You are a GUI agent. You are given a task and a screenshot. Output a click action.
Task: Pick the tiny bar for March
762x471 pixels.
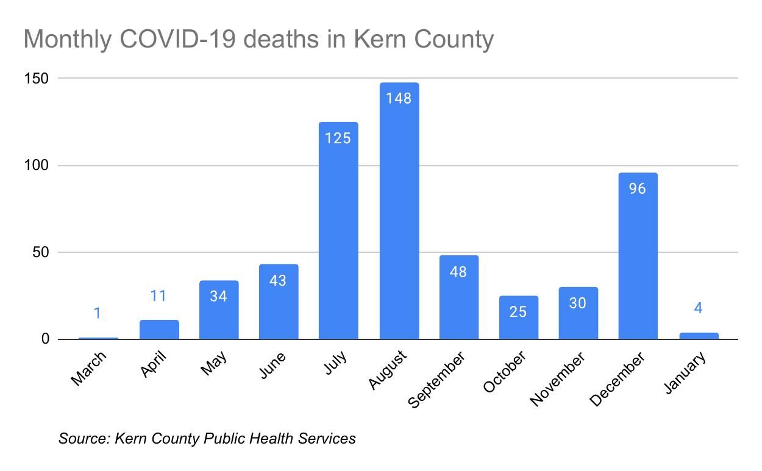tap(98, 338)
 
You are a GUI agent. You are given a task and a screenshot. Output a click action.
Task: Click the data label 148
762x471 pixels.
tap(399, 98)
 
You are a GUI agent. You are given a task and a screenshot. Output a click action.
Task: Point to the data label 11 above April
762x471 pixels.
tap(158, 296)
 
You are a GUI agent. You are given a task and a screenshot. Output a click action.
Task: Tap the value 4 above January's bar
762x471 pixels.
tap(698, 308)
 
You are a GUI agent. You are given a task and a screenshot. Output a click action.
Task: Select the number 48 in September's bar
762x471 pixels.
tap(458, 272)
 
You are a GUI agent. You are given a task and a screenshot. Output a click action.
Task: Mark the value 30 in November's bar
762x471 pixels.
tap(578, 303)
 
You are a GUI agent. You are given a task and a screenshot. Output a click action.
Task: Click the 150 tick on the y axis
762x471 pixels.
tap(37, 79)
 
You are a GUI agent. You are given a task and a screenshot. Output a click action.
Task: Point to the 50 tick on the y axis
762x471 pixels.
tap(40, 252)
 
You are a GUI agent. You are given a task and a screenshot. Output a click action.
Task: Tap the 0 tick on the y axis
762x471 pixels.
tap(45, 339)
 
